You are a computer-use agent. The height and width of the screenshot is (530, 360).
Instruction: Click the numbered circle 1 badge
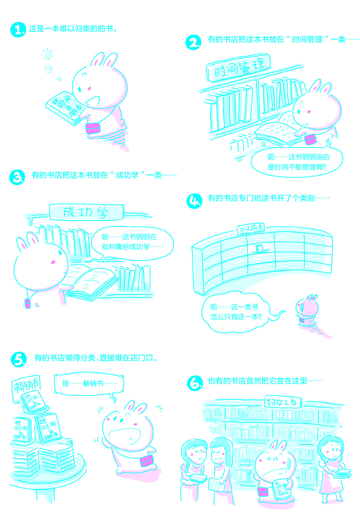tap(18, 30)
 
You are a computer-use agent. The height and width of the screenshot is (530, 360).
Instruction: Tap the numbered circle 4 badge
tap(194, 201)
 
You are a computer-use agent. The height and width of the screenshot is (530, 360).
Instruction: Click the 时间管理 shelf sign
tap(238, 68)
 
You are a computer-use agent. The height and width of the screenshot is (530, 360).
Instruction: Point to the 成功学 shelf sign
tap(86, 212)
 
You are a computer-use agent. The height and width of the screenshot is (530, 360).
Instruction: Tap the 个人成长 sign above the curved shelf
tap(251, 229)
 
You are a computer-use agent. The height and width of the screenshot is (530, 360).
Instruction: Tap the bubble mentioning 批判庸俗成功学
tap(132, 242)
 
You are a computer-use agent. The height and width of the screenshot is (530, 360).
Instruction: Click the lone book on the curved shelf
tap(259, 249)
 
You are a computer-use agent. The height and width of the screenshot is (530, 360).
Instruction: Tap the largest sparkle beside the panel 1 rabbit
tap(47, 54)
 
